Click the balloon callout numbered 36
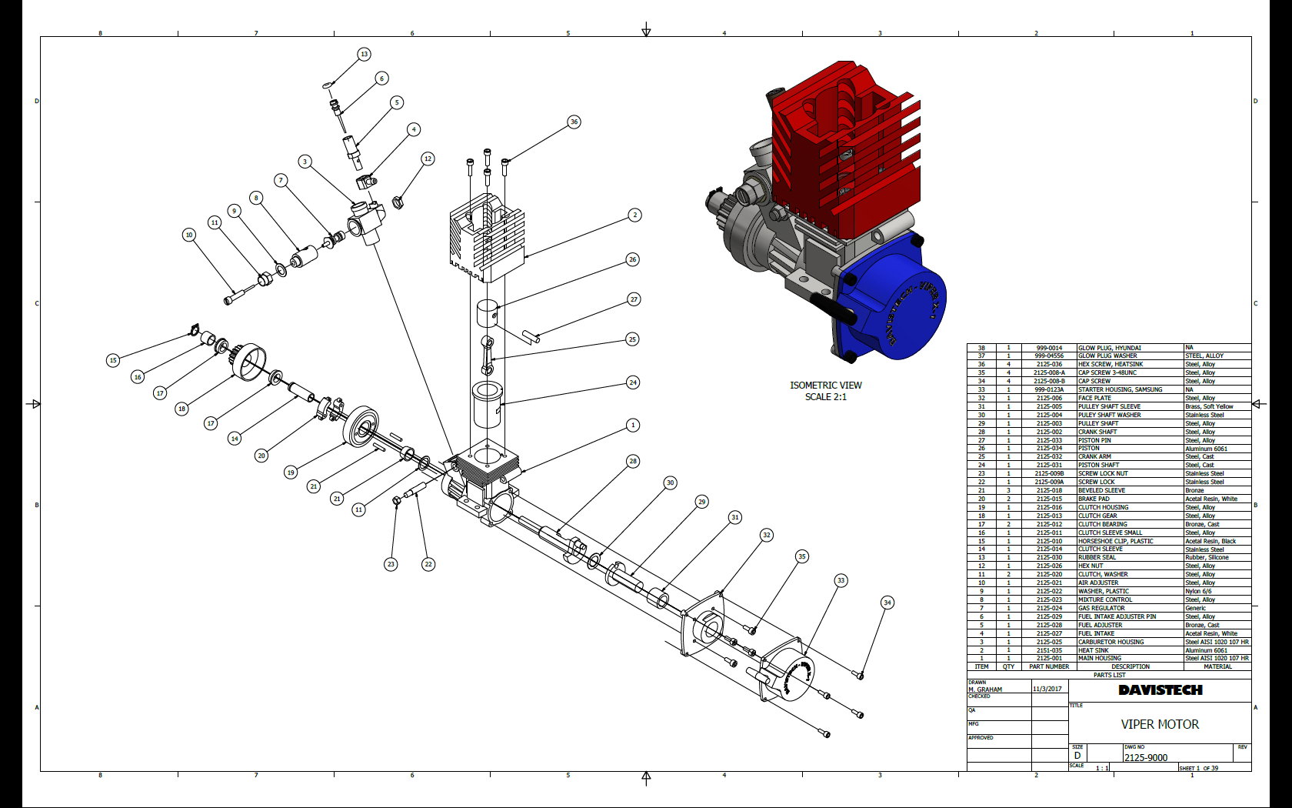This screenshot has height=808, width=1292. [x=574, y=122]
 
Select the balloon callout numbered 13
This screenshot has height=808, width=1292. [x=364, y=54]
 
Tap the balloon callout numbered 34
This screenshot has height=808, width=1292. [x=887, y=603]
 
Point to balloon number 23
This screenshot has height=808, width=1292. [x=391, y=564]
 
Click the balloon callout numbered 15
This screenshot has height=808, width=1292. [x=113, y=360]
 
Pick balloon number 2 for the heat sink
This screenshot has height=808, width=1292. [x=634, y=215]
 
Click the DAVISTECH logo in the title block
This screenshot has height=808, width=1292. [x=1160, y=690]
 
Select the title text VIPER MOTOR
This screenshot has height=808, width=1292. [x=1160, y=724]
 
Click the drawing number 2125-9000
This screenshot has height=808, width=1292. [x=1146, y=757]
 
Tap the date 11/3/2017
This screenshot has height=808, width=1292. [x=1047, y=689]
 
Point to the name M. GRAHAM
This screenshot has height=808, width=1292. [x=985, y=689]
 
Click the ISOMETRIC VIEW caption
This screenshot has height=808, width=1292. [x=826, y=386]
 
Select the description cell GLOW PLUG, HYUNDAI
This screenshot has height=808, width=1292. [x=1109, y=348]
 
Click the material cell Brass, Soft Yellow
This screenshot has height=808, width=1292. [x=1209, y=406]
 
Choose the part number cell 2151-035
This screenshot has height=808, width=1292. [x=1049, y=650]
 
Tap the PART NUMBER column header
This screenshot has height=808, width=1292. [x=1049, y=666]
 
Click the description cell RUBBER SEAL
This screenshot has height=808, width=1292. [x=1097, y=557]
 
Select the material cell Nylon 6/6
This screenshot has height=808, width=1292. [x=1198, y=591]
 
